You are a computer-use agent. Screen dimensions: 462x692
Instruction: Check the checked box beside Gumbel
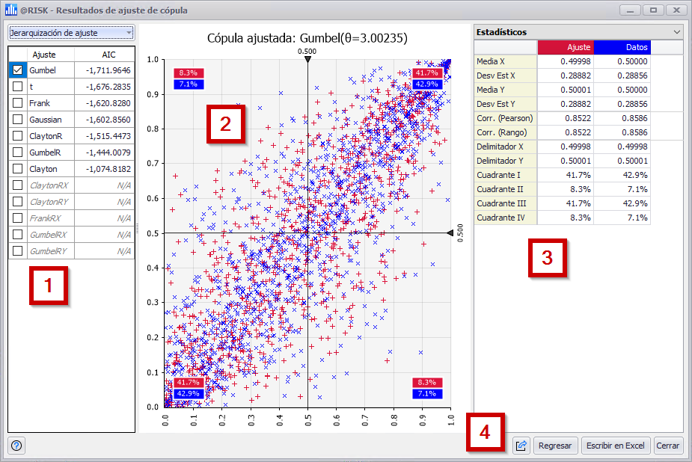(x=17, y=70)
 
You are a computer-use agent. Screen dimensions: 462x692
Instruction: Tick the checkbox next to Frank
(x=17, y=103)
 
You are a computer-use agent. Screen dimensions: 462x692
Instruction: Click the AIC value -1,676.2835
(x=108, y=87)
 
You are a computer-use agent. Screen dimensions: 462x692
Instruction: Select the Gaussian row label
(x=46, y=120)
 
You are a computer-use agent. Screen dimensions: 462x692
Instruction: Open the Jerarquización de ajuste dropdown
(x=70, y=33)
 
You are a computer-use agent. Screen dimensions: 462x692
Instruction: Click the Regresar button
(x=555, y=446)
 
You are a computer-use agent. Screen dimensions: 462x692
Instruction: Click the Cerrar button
(x=668, y=446)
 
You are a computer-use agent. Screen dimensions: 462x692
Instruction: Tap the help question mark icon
(x=17, y=446)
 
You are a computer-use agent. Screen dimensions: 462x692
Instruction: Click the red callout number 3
(x=548, y=259)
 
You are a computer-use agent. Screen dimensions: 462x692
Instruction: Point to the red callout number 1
(x=49, y=286)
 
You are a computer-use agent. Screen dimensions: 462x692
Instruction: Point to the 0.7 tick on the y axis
(x=155, y=164)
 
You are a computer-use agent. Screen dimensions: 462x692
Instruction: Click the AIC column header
(x=108, y=55)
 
